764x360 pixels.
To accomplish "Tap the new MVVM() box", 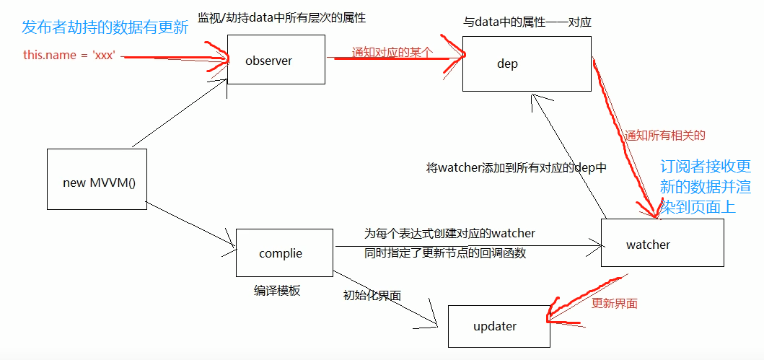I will coord(97,182).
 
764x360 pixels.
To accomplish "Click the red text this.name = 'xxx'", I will coord(70,55).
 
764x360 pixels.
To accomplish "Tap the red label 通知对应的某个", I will coord(392,52).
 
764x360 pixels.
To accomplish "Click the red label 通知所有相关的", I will coord(664,135).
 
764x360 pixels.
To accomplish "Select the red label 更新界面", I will coord(615,303).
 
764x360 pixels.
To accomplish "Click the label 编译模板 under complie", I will coord(277,291).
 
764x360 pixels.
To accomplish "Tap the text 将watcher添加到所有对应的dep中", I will coord(517,168).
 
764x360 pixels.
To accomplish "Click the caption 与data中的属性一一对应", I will coord(527,22).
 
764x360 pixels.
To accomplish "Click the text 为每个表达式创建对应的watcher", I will coord(449,233).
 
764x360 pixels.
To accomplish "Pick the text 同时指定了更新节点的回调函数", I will coord(445,253).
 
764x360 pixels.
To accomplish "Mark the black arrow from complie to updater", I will coord(386,300).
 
